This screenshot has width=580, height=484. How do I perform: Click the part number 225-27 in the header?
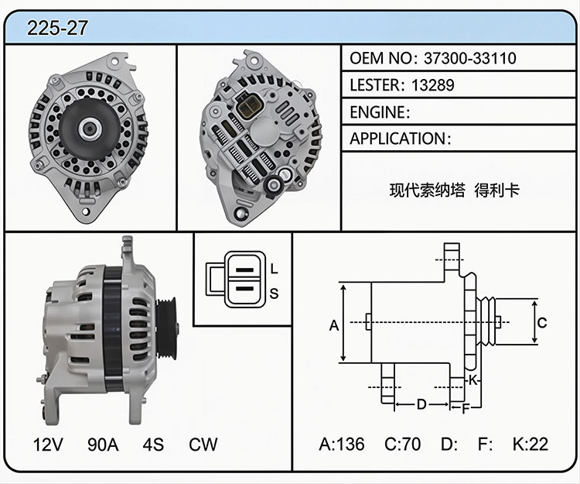[57, 28]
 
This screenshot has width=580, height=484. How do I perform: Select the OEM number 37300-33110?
[469, 58]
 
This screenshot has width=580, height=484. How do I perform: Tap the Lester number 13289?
[432, 85]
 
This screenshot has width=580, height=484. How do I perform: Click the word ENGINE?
[377, 112]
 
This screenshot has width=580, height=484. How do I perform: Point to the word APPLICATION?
[398, 139]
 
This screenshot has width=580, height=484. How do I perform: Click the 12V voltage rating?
[48, 445]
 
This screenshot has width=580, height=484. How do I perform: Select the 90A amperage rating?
[103, 445]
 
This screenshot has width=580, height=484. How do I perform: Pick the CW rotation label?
[203, 445]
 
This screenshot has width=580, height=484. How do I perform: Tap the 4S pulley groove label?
[153, 445]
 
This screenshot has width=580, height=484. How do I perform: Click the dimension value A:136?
[341, 444]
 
